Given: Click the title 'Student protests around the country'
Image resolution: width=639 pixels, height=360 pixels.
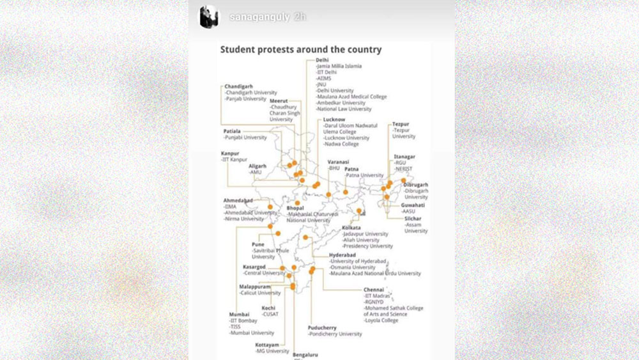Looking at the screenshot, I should coord(301,49).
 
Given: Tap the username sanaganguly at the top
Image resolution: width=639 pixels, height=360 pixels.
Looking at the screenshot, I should coord(258,17).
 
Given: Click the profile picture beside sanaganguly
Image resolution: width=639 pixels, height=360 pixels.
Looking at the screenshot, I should coord(211,17).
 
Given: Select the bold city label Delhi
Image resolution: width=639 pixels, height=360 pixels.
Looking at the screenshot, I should coord(323,59).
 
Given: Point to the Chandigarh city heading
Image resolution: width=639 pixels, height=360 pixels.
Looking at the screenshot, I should coord(239,86).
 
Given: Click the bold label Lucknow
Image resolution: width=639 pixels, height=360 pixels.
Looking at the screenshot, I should coord(335,120).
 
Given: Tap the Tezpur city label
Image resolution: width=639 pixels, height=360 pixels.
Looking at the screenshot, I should coord(401,123).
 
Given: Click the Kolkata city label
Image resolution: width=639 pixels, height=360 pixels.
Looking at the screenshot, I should coord(351,228).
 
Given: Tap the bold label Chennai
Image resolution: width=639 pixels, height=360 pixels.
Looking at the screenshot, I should coord(374,289).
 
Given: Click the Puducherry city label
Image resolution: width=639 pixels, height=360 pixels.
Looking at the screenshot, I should coord(322,327).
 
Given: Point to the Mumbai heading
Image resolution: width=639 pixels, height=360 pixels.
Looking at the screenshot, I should coord(240,314).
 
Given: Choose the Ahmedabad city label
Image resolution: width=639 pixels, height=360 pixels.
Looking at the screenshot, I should coord(238,200).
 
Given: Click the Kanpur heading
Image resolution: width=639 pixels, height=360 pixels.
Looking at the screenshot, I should coord(230,153).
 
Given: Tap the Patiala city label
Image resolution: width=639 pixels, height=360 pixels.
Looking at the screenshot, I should coord(233,130).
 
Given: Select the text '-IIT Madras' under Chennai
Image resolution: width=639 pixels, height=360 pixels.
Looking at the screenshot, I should coord(376,295).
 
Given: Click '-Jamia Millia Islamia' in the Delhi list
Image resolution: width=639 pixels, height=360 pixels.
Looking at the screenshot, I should coord(339,66).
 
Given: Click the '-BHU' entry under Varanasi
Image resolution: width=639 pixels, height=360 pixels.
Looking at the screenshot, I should coord(334,168).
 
